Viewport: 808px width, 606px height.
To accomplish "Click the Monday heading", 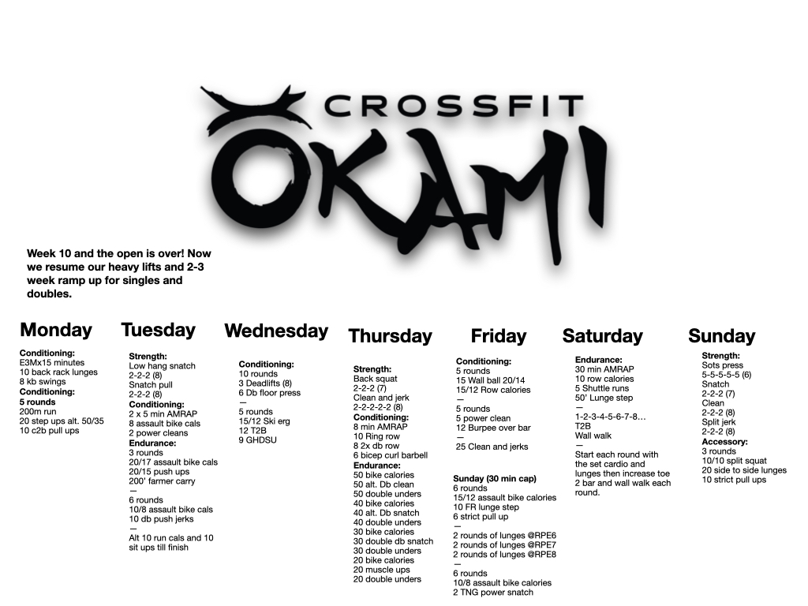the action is coord(56,330).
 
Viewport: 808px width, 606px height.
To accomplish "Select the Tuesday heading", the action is coord(158,331).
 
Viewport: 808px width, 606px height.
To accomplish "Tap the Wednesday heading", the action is coord(276,331).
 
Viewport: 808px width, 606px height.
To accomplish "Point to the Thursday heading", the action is coord(391,336).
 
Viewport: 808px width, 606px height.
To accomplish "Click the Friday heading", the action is coord(499,336).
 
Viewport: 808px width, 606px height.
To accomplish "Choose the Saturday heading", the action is coord(602,336).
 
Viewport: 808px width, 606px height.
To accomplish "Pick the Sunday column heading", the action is coord(721,336).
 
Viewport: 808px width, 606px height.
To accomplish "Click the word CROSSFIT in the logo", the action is coord(454,107).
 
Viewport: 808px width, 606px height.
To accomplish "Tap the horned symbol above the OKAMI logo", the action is coord(256,108).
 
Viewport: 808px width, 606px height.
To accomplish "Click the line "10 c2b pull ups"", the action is coord(50,430).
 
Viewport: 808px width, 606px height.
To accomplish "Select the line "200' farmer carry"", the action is coord(162,481).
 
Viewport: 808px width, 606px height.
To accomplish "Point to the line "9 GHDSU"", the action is coord(258,440).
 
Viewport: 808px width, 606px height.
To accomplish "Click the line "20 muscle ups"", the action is coord(382,570).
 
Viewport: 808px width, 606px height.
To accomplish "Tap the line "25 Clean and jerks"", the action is coord(492,447).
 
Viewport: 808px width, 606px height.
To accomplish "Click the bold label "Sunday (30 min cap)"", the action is coord(495,479).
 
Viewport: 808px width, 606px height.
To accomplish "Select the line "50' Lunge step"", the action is coord(604,398).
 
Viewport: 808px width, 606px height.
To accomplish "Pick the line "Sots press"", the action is coord(723,365).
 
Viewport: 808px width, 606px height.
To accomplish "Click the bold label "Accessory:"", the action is coord(724,442).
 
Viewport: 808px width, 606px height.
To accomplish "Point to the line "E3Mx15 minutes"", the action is coord(52,363).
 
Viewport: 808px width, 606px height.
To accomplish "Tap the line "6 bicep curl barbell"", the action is coord(391,455).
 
